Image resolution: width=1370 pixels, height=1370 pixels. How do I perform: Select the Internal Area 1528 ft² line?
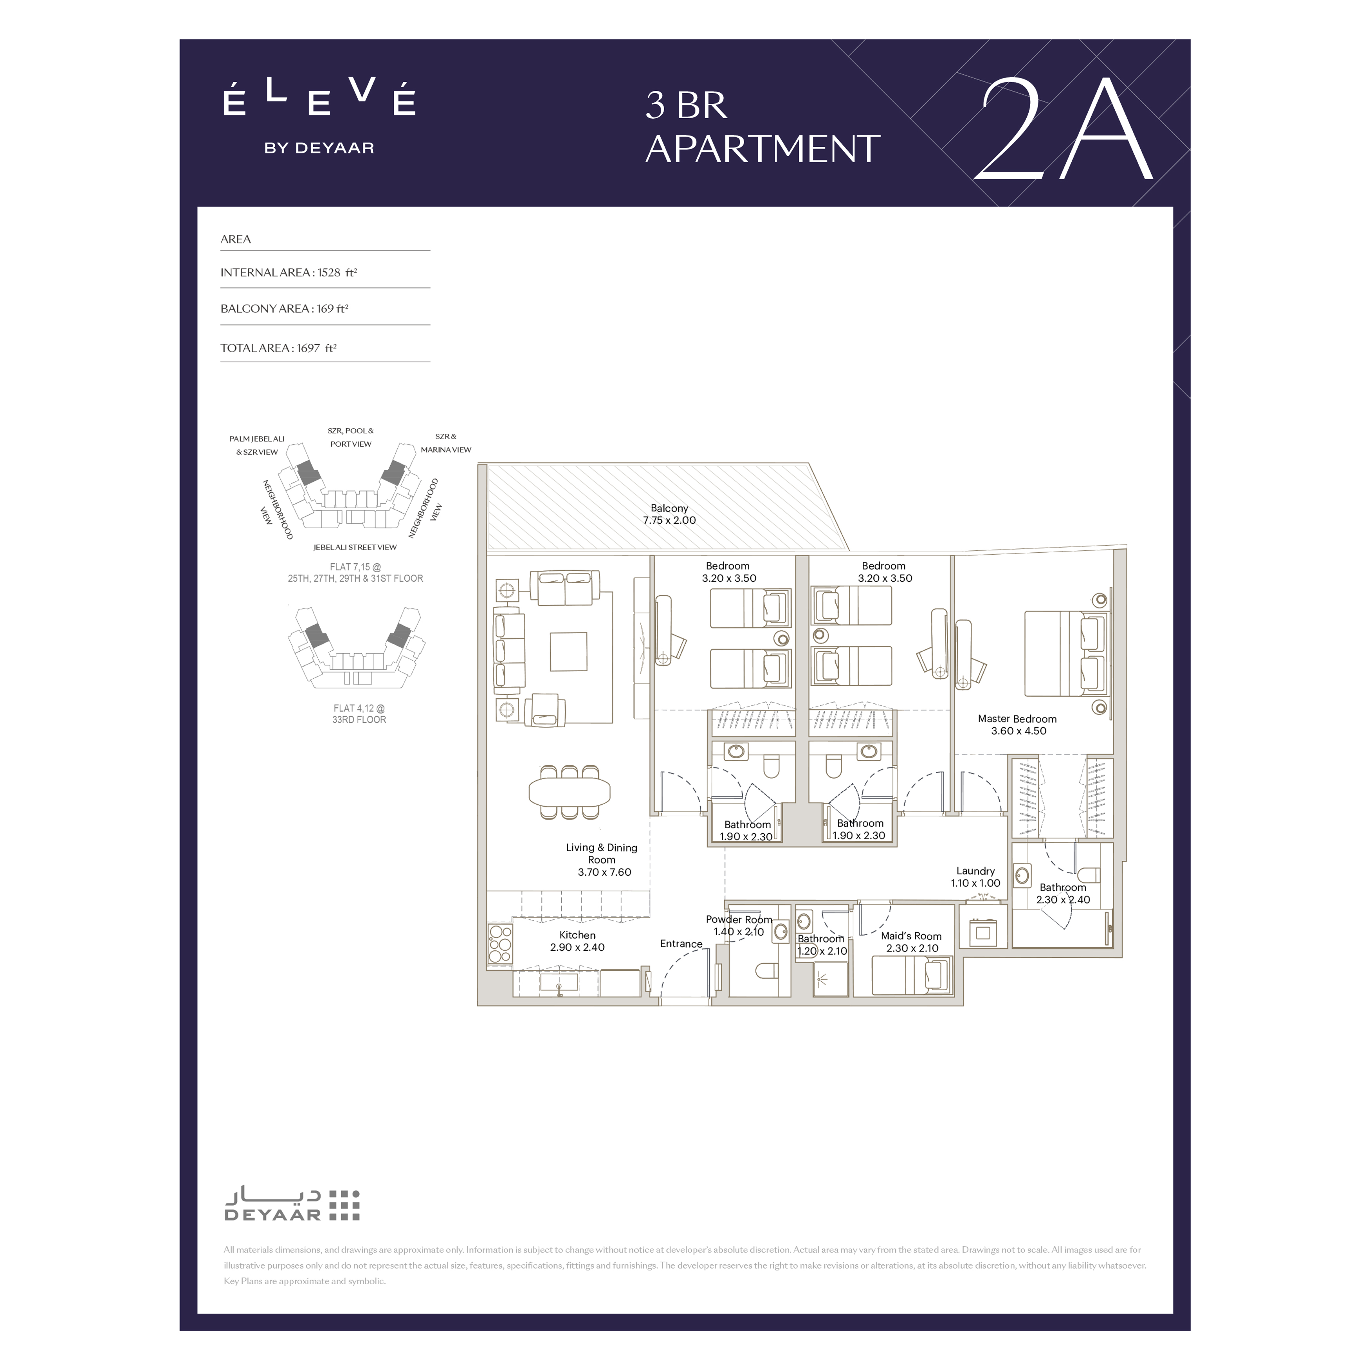click(x=288, y=272)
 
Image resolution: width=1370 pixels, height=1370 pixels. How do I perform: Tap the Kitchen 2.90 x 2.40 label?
click(x=577, y=941)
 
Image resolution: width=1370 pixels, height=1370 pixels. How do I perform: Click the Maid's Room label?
click(x=911, y=942)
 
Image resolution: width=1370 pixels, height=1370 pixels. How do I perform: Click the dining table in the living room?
click(x=570, y=792)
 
